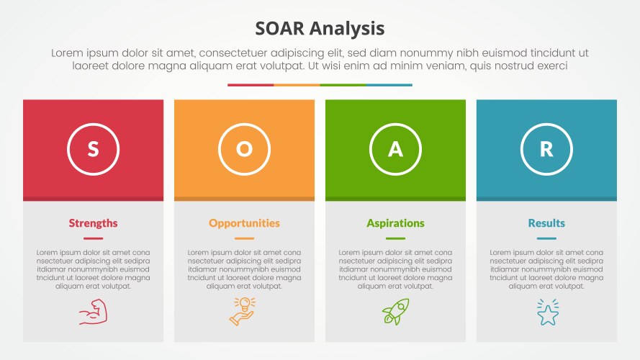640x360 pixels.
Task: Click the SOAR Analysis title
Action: [x=320, y=29]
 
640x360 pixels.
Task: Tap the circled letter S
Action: [x=93, y=149]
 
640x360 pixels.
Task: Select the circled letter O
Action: [x=244, y=149]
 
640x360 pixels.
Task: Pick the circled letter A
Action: [x=395, y=149]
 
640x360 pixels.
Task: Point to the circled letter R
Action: [x=546, y=149]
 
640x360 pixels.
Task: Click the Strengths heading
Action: [x=93, y=223]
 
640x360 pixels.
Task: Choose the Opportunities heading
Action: [x=244, y=223]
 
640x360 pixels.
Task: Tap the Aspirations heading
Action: [x=395, y=223]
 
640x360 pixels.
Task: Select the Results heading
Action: [x=546, y=223]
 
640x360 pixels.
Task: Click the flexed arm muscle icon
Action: [x=93, y=313]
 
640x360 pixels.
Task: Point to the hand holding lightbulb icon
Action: [x=243, y=311]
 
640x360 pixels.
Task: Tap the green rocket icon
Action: [x=395, y=312]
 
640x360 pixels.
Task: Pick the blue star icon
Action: [x=547, y=312]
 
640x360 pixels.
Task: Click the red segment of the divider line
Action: [x=251, y=85]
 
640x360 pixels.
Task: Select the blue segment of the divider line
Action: [x=389, y=85]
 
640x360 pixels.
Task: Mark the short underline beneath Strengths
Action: [x=93, y=238]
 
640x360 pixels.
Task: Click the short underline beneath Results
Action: [x=546, y=238]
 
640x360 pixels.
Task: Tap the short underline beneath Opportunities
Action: [x=244, y=238]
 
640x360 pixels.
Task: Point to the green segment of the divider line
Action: [x=343, y=85]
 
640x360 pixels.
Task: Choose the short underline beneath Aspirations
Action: [x=395, y=238]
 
